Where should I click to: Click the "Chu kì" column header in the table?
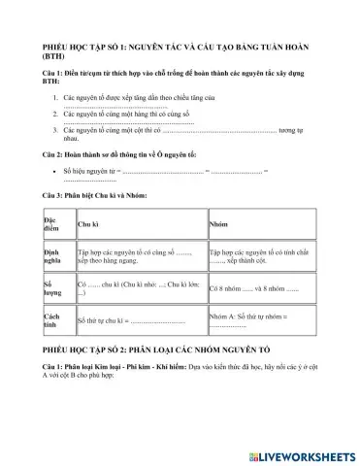coord(88,224)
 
